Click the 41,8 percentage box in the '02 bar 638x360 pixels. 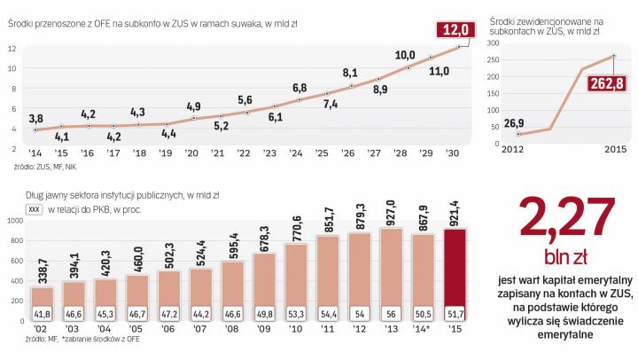pos(42,314)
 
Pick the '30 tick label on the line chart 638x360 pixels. pos(456,152)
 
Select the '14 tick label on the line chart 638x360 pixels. pos(36,152)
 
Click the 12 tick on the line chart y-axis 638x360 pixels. pos(12,46)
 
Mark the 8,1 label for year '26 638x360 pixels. pos(349,72)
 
